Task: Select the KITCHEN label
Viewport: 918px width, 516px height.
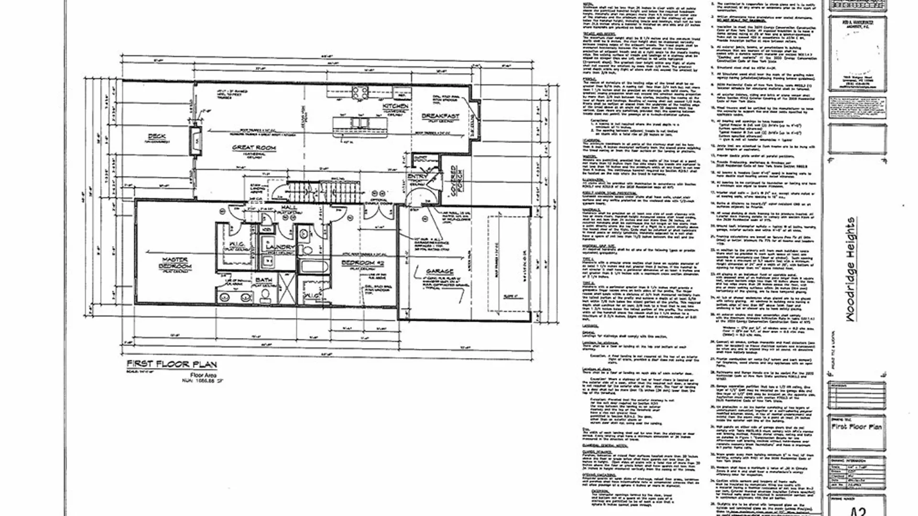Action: [x=395, y=106]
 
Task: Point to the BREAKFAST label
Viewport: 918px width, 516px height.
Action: [x=440, y=116]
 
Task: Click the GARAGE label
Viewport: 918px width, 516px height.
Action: [x=439, y=271]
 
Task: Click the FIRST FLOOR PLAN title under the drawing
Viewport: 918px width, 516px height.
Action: [x=172, y=365]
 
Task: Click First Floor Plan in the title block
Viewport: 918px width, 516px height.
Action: [x=856, y=427]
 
